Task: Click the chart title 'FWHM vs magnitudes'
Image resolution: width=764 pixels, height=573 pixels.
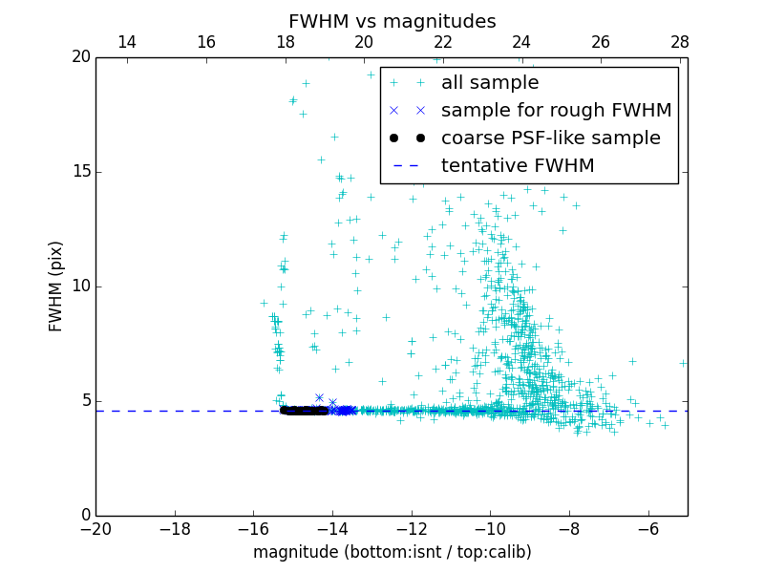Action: coord(392,21)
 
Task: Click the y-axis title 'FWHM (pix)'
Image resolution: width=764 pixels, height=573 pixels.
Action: coord(56,286)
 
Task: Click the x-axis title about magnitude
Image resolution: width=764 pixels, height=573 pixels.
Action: coord(392,552)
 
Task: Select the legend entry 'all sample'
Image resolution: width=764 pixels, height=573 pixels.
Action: coord(489,83)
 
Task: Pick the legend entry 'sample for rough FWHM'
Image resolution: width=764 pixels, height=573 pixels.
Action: coord(556,111)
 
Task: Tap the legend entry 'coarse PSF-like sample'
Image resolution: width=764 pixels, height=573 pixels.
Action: coord(550,138)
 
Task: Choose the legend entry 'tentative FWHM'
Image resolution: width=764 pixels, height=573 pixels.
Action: coord(517,166)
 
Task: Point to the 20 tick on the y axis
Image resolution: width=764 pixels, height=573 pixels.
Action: coord(80,57)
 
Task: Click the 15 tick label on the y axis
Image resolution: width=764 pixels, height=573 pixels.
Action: coord(80,172)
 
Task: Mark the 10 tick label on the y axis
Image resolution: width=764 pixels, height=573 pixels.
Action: coord(80,286)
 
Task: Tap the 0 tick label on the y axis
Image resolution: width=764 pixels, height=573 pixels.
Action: coord(85,516)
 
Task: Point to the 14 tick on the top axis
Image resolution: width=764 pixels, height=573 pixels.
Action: coord(126,42)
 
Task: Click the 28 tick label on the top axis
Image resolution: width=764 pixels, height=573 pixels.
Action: coord(679,42)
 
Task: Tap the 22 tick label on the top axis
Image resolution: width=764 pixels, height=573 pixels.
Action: coord(442,42)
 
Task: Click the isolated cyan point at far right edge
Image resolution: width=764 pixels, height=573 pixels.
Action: coord(683,363)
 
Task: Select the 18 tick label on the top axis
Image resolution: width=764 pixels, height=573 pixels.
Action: coord(285,42)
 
